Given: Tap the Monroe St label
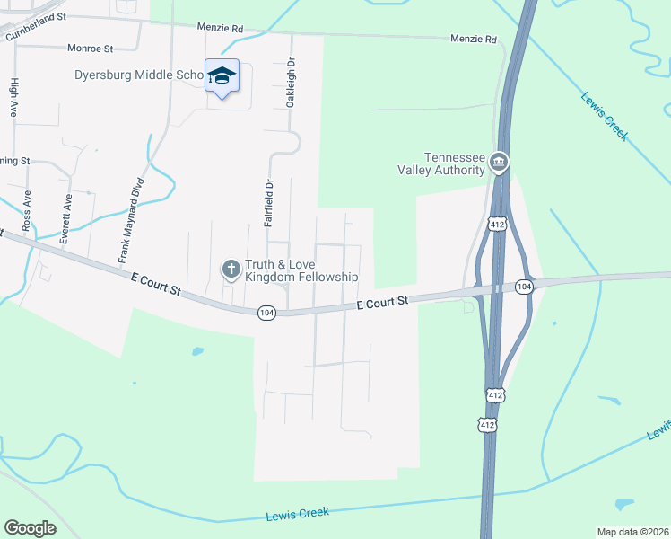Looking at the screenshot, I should [x=89, y=48].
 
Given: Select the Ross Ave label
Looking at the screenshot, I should [x=27, y=208].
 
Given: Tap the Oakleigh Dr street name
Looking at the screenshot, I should [x=290, y=84].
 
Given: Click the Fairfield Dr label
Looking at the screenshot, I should [x=267, y=202].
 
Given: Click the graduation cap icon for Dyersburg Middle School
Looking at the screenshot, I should [x=221, y=75].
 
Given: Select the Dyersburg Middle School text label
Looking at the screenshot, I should [x=141, y=75].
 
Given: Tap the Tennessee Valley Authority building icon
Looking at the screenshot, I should [x=500, y=163].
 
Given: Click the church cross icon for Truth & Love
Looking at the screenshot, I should [x=231, y=268].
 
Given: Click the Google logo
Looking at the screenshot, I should [x=30, y=527].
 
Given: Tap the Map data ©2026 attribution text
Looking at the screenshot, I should [x=631, y=532].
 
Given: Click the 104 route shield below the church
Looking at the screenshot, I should [x=266, y=313].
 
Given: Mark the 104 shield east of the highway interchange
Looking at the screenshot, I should [x=525, y=286].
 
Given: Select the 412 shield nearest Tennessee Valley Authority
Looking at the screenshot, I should [x=496, y=222].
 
